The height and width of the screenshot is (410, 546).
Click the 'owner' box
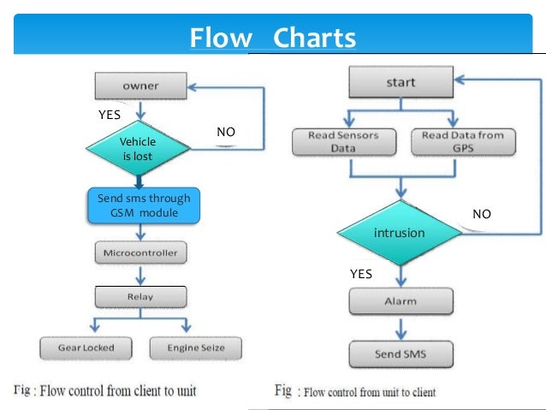coord(139,86)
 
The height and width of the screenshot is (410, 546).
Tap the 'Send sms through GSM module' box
coord(143,205)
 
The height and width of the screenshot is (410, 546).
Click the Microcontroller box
coord(139,254)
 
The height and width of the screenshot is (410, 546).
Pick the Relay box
coord(140,297)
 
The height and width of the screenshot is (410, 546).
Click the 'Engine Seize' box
coord(195,348)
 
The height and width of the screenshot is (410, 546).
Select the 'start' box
coord(400,84)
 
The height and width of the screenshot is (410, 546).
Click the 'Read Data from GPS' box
coord(463,141)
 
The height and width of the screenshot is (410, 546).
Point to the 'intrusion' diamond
coord(398,233)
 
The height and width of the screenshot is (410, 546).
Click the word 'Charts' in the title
coord(312,39)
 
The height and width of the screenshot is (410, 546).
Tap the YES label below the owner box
coord(111,113)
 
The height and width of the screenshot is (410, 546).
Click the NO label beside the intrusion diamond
coord(482,214)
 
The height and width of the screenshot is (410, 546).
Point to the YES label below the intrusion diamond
coord(362,275)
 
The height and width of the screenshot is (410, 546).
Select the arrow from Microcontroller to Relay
coord(140,275)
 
